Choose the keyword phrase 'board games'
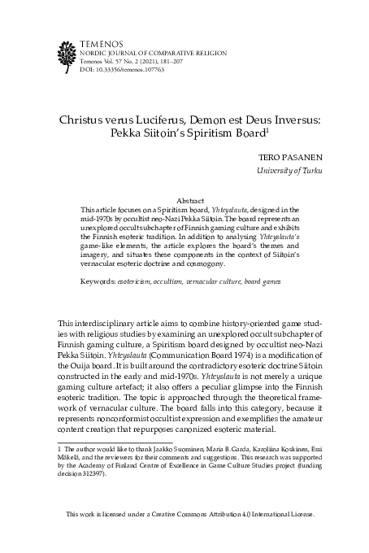292,281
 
